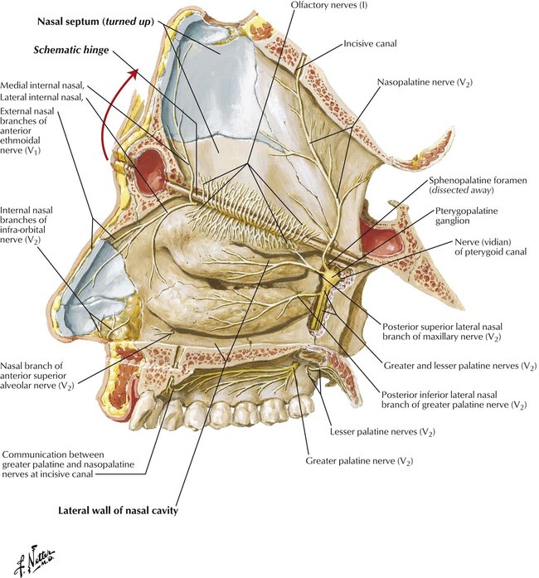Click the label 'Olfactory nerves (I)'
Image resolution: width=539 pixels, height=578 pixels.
click(329, 5)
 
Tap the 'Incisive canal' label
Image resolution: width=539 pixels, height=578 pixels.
click(370, 43)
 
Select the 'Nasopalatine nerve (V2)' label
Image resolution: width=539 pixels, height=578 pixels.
click(425, 83)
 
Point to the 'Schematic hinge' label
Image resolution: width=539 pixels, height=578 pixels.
click(71, 50)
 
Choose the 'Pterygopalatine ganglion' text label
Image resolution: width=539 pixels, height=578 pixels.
click(466, 216)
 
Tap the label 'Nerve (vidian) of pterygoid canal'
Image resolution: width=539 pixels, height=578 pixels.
click(490, 247)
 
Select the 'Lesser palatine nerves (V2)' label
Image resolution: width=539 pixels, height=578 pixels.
click(382, 432)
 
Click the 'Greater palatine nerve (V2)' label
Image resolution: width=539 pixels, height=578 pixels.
click(359, 461)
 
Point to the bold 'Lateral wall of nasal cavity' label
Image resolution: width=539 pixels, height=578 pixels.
click(118, 511)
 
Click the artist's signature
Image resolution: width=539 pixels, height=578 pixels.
click(34, 561)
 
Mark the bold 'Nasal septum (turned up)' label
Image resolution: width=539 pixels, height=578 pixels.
click(95, 22)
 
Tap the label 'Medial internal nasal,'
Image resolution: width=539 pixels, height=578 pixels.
click(42, 85)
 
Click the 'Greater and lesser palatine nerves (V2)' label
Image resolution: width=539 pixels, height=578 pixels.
click(460, 366)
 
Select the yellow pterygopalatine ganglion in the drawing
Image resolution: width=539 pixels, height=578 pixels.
click(332, 274)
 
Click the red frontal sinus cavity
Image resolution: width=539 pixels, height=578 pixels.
click(150, 172)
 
